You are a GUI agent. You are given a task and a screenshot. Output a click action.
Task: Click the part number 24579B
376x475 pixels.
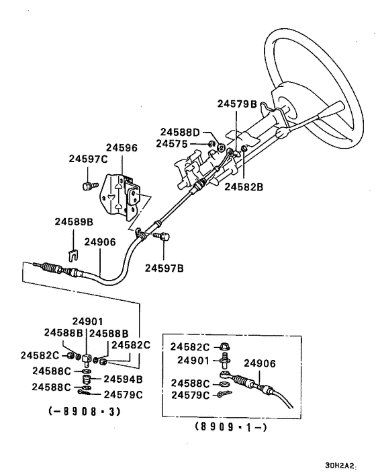[x=237, y=104]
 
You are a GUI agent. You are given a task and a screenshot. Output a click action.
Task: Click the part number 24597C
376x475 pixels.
[x=89, y=159]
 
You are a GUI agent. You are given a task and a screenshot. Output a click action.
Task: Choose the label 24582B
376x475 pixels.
[x=244, y=186]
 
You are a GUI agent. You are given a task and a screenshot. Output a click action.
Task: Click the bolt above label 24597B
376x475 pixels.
[x=163, y=236]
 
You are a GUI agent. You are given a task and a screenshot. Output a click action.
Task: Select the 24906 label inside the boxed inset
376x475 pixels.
[x=261, y=363]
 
